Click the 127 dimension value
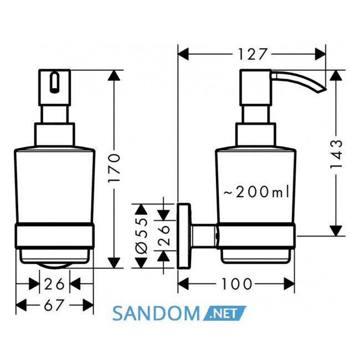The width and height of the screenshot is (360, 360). tap(252, 54)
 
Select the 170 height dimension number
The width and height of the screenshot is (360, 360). tap(114, 168)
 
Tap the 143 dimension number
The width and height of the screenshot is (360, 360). tap(336, 154)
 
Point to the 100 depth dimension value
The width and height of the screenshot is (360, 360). tap(236, 284)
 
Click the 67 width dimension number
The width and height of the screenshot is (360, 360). tap(53, 305)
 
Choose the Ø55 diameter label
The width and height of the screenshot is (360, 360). tap(141, 236)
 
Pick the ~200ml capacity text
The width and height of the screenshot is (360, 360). tap(256, 192)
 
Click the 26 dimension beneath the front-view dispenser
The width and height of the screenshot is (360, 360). tap(54, 284)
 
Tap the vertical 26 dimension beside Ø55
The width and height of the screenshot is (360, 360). tap(164, 235)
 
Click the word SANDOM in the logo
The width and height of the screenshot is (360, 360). tap(156, 313)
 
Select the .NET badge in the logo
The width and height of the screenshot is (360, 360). tap(224, 313)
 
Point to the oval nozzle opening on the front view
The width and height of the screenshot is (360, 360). tap(54, 83)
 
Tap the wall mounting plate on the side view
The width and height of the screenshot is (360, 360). tap(184, 236)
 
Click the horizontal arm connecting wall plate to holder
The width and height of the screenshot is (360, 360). tap(203, 236)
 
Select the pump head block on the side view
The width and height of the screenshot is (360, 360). tap(256, 88)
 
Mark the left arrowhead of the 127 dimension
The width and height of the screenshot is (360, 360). tap(183, 54)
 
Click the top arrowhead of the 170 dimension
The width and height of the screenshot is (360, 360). tap(114, 75)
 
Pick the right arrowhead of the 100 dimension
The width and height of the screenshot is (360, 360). tap(289, 284)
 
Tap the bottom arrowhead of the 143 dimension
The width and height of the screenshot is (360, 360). tap(336, 230)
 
